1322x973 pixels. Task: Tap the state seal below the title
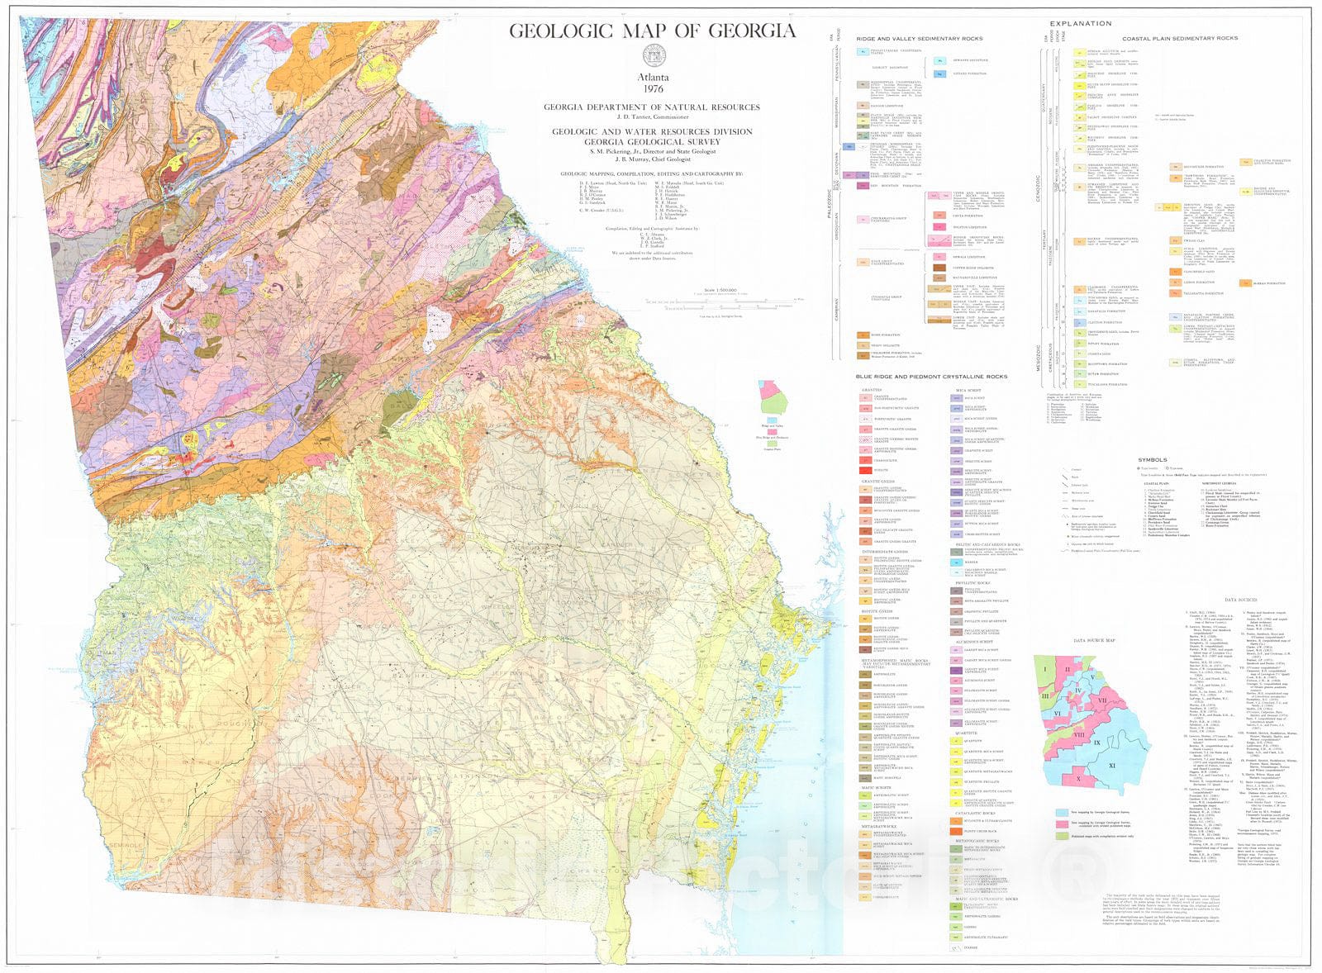click(653, 57)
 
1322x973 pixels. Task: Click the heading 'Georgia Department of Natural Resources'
click(651, 107)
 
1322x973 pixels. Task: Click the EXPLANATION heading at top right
click(1080, 24)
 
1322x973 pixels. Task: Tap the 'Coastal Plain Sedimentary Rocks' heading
click(1179, 39)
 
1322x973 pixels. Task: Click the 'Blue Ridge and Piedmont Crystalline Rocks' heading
click(931, 377)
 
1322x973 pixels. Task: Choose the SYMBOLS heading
click(1152, 459)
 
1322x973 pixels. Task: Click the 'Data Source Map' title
click(1094, 640)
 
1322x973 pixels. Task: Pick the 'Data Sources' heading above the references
click(1240, 600)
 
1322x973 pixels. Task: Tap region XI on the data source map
click(1111, 766)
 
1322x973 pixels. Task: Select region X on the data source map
click(1078, 778)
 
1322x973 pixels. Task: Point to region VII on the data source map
click(1102, 700)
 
